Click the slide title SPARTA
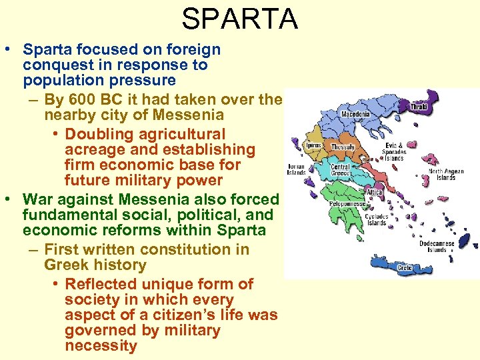239,19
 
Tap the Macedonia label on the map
355,114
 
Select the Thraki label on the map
419,107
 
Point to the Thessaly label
343,147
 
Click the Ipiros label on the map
313,145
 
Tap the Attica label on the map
374,192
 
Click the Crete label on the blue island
404,268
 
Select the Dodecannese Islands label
437,247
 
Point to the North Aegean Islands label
446,175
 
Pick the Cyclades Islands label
377,219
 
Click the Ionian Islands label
297,169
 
